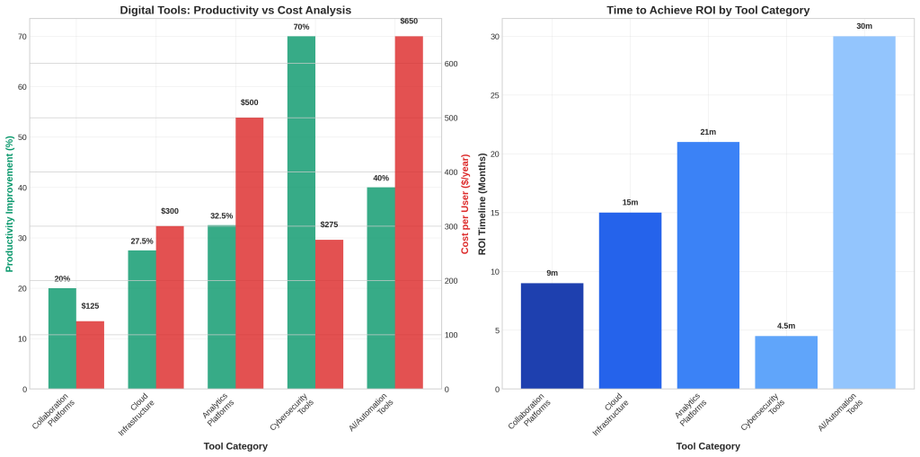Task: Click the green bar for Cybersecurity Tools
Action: (301, 212)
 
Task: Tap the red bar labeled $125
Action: (90, 355)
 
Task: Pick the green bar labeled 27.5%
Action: (142, 319)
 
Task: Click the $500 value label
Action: (249, 102)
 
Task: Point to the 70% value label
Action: (301, 27)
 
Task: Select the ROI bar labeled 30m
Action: (864, 212)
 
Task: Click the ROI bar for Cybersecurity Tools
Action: (786, 362)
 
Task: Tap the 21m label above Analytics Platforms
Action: (708, 132)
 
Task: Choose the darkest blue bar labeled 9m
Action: (552, 336)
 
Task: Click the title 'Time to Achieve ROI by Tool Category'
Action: (708, 10)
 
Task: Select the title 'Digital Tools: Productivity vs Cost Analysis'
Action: (235, 10)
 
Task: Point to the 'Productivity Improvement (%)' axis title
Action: (10, 204)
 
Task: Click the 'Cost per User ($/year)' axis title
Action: (465, 204)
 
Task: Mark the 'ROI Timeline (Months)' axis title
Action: (482, 204)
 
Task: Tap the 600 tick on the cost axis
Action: (452, 64)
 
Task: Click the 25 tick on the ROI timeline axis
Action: (494, 95)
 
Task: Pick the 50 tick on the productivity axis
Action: (22, 137)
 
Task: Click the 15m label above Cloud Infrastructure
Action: (630, 202)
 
